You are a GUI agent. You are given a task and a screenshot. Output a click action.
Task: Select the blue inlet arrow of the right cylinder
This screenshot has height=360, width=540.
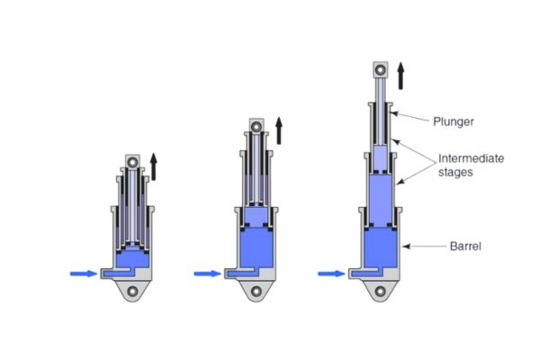(x=330, y=273)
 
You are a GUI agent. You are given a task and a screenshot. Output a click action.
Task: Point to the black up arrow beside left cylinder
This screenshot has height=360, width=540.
(x=154, y=166)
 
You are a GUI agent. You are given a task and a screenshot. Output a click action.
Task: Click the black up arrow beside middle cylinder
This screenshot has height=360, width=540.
(x=279, y=130)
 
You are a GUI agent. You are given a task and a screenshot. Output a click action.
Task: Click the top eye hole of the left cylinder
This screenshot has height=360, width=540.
(x=133, y=162)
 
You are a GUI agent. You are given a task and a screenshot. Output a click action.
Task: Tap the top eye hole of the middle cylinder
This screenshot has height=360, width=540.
(x=257, y=125)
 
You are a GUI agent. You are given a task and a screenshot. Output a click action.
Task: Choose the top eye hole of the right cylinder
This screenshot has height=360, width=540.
(x=380, y=69)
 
